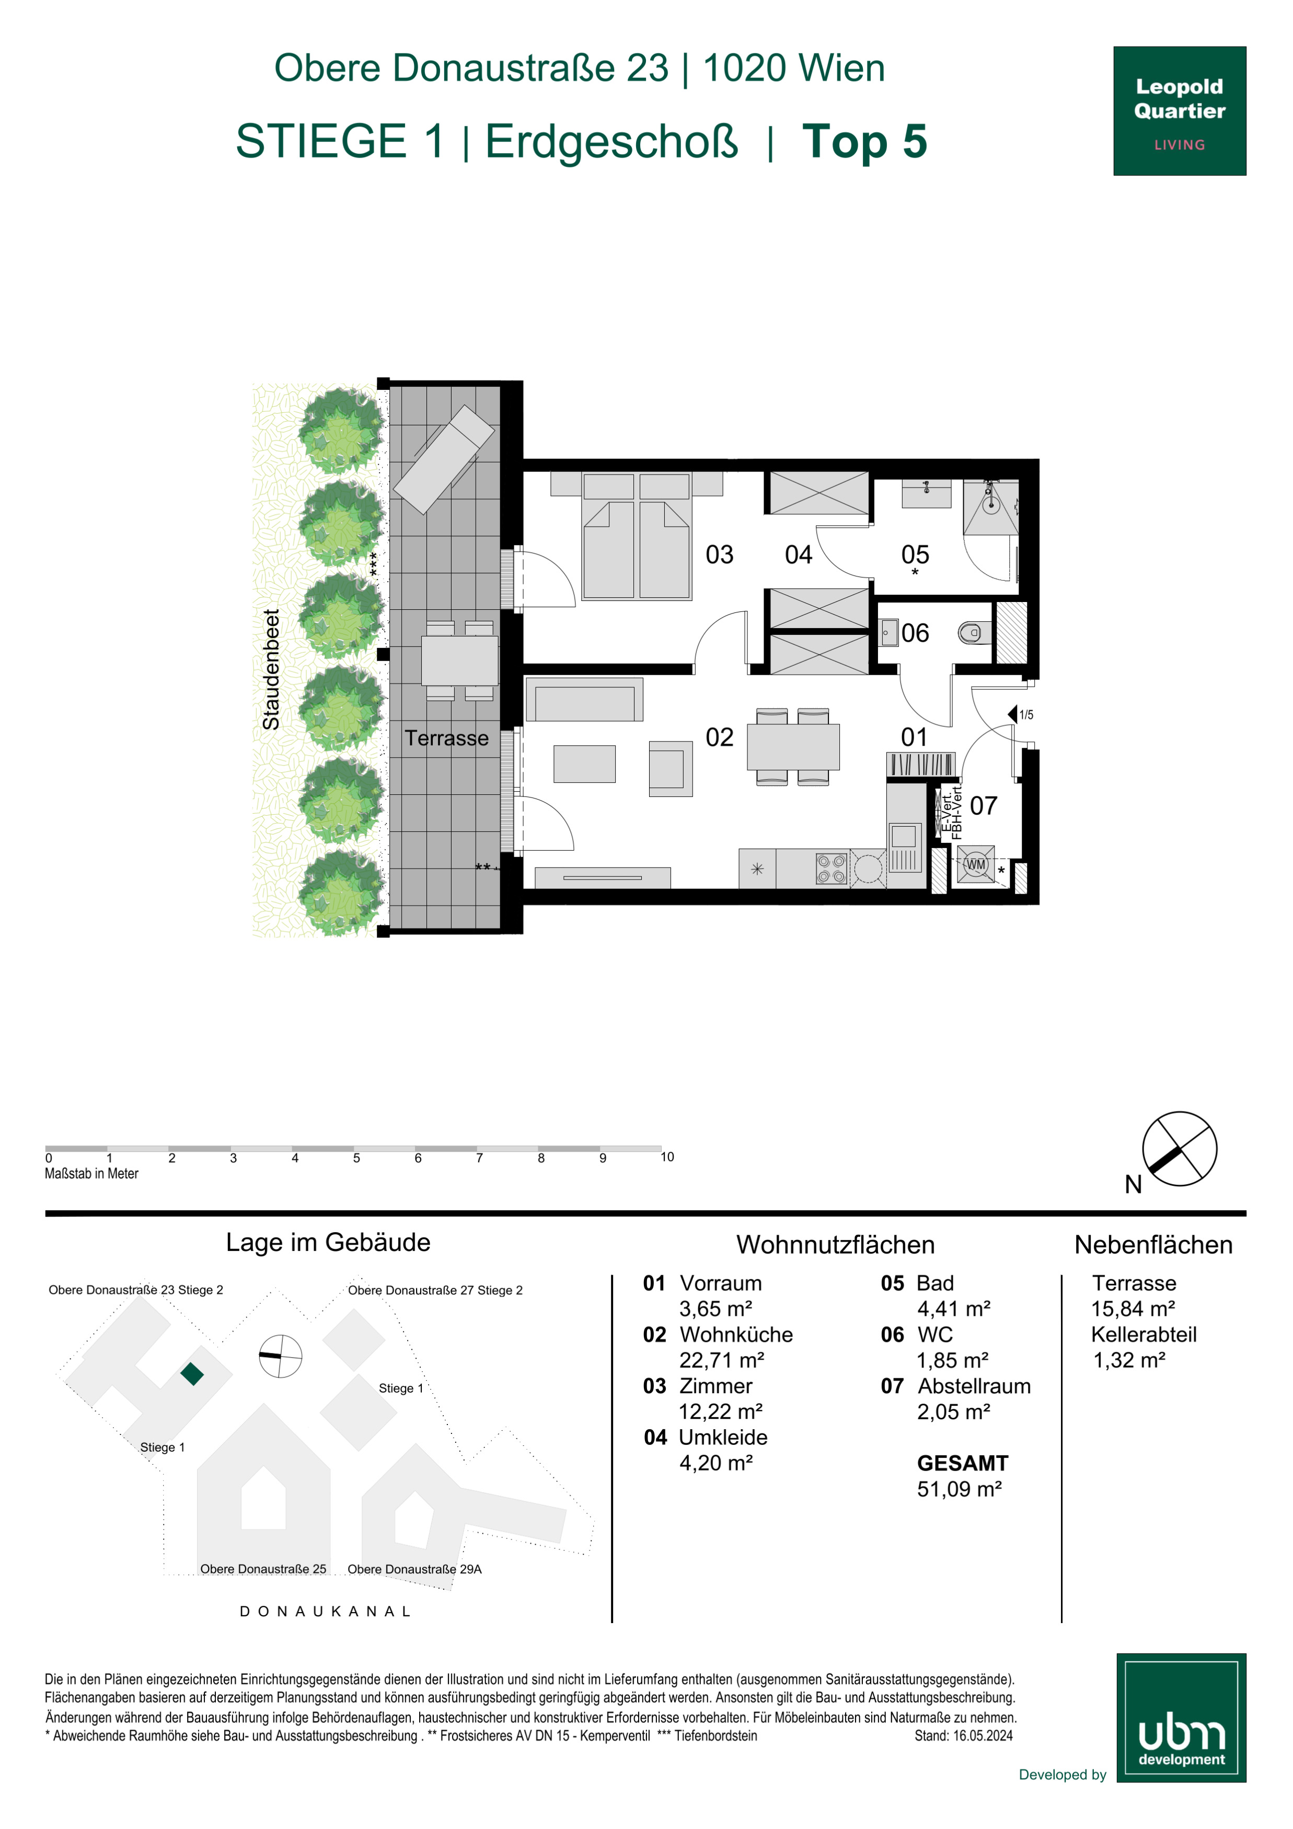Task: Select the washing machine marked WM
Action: point(975,864)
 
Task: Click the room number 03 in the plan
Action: point(719,554)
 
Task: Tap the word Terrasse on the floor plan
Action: point(446,738)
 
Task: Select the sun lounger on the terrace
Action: point(445,459)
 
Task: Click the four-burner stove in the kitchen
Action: point(831,869)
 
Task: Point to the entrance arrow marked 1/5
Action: point(1012,714)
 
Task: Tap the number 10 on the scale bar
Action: point(667,1156)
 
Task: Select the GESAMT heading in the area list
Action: point(962,1463)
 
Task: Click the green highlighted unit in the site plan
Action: point(192,1374)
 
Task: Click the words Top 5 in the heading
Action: point(864,141)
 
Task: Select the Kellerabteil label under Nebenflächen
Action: point(1144,1334)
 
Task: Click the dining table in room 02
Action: point(793,746)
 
